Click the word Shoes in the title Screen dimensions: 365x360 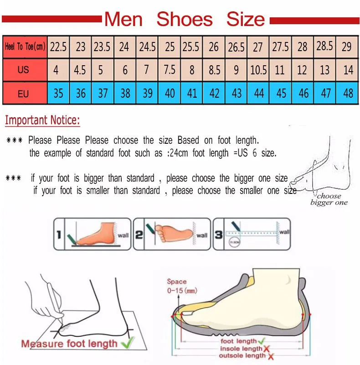coord(184,20)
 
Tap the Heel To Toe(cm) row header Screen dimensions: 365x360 coord(25,47)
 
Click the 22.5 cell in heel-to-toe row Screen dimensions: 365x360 coord(58,47)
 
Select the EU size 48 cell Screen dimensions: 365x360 coord(348,94)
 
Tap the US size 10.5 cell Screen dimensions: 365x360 coord(258,70)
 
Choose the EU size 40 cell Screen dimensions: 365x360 coord(170,94)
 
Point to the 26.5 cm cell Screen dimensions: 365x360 coord(236,47)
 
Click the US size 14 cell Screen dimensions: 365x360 coord(348,70)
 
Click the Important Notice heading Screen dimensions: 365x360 coord(42,121)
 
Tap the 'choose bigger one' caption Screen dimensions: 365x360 coord(329,199)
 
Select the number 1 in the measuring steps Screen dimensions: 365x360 coord(59,235)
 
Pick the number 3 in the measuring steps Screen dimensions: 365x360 coord(219,235)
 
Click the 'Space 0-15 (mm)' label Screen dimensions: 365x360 coord(178,286)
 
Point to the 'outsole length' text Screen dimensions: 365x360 coord(242,356)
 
